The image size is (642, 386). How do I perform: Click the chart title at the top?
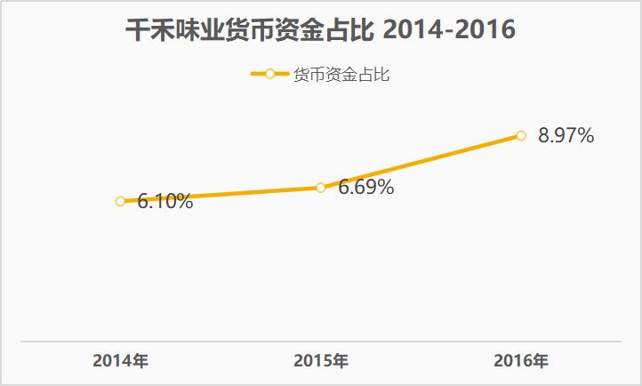pyautogui.click(x=320, y=29)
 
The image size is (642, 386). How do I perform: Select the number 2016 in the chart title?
pyautogui.click(x=487, y=29)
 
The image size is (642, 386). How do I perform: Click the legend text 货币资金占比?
pyautogui.click(x=341, y=75)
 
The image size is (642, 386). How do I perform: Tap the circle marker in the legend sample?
pyautogui.click(x=270, y=75)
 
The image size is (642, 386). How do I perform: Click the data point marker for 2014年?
pyautogui.click(x=120, y=201)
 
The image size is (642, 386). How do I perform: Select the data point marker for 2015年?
pyautogui.click(x=321, y=187)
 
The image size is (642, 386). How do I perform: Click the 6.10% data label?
pyautogui.click(x=165, y=202)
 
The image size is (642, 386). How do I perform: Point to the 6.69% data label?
pyautogui.click(x=366, y=188)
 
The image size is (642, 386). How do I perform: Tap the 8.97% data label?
pyautogui.click(x=566, y=136)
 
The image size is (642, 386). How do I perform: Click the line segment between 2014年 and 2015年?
pyautogui.click(x=221, y=194)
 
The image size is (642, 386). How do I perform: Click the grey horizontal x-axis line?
pyautogui.click(x=320, y=341)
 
